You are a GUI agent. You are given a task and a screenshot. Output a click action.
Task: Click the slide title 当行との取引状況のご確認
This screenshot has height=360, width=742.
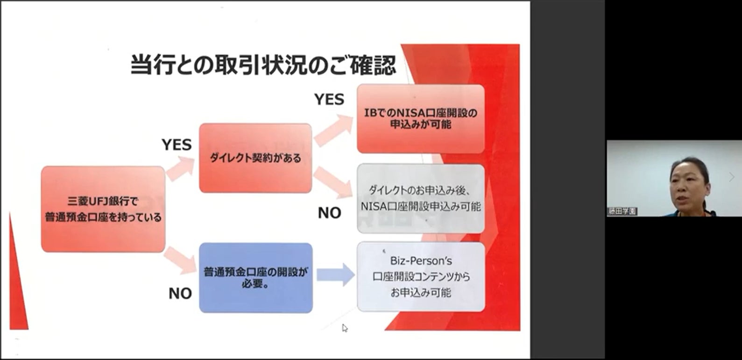[263, 65]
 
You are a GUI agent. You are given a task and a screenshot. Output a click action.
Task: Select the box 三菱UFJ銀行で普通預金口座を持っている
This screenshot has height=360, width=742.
[103, 209]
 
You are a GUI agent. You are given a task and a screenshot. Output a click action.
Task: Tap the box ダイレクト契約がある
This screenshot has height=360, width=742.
[255, 158]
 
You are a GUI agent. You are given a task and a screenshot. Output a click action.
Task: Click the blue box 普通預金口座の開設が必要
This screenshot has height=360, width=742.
[255, 277]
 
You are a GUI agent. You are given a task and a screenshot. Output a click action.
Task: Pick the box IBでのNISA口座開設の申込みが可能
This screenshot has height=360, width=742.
[420, 119]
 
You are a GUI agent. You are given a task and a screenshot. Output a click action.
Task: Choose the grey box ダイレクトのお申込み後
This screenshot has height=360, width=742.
[420, 198]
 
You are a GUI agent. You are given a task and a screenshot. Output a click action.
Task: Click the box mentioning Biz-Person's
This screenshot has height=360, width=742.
[420, 276]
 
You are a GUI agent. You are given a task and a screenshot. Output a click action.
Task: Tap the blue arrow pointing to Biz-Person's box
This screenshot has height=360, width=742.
[335, 275]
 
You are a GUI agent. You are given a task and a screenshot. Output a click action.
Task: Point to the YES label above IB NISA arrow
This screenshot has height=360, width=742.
[329, 99]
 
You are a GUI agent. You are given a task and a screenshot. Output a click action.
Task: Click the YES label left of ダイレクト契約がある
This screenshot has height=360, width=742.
[177, 145]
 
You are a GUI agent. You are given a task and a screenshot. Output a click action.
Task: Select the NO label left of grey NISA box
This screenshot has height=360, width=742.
[329, 213]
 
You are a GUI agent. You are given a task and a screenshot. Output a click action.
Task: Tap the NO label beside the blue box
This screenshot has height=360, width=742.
[180, 293]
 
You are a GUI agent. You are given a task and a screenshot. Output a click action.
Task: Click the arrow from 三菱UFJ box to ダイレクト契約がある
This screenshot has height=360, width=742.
[180, 168]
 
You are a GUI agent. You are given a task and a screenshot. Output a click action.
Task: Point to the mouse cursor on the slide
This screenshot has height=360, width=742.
[344, 328]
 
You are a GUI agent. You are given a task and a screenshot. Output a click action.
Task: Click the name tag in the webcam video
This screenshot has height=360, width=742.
[622, 211]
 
